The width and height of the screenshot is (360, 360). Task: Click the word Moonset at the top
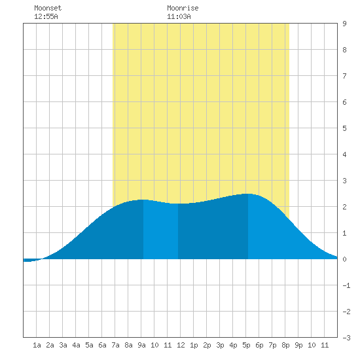48,8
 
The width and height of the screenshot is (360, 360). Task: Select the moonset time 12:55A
46,16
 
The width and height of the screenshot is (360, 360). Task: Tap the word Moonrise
183,8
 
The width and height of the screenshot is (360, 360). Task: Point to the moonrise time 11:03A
179,16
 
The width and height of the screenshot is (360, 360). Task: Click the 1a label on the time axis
37,345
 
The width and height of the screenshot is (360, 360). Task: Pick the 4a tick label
76,345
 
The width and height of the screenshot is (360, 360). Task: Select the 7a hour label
115,345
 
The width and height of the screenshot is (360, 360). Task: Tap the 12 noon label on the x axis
181,345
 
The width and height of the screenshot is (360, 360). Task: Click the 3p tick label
220,345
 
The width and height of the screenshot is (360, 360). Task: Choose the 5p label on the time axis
246,345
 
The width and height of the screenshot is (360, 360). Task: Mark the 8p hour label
285,345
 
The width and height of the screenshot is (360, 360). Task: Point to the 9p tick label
298,345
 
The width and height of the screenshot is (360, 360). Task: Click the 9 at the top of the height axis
344,24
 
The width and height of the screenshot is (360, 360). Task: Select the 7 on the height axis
344,76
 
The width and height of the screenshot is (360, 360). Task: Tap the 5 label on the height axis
344,128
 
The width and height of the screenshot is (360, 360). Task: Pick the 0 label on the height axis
344,259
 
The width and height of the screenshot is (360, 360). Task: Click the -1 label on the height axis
346,285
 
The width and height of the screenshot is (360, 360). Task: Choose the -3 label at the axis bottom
346,338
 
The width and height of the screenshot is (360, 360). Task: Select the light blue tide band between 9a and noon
160,230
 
